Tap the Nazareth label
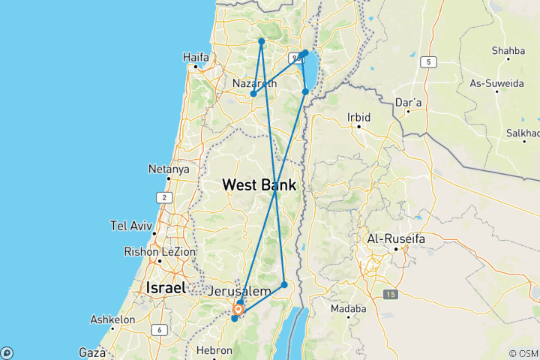[x=254, y=83]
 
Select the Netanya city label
[x=169, y=169]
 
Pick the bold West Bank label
[x=259, y=184]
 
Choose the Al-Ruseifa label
[x=393, y=238]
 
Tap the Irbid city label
[x=359, y=117]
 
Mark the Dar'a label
[x=408, y=100]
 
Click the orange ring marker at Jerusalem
[x=238, y=309]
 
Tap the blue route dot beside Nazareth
[x=253, y=94]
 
